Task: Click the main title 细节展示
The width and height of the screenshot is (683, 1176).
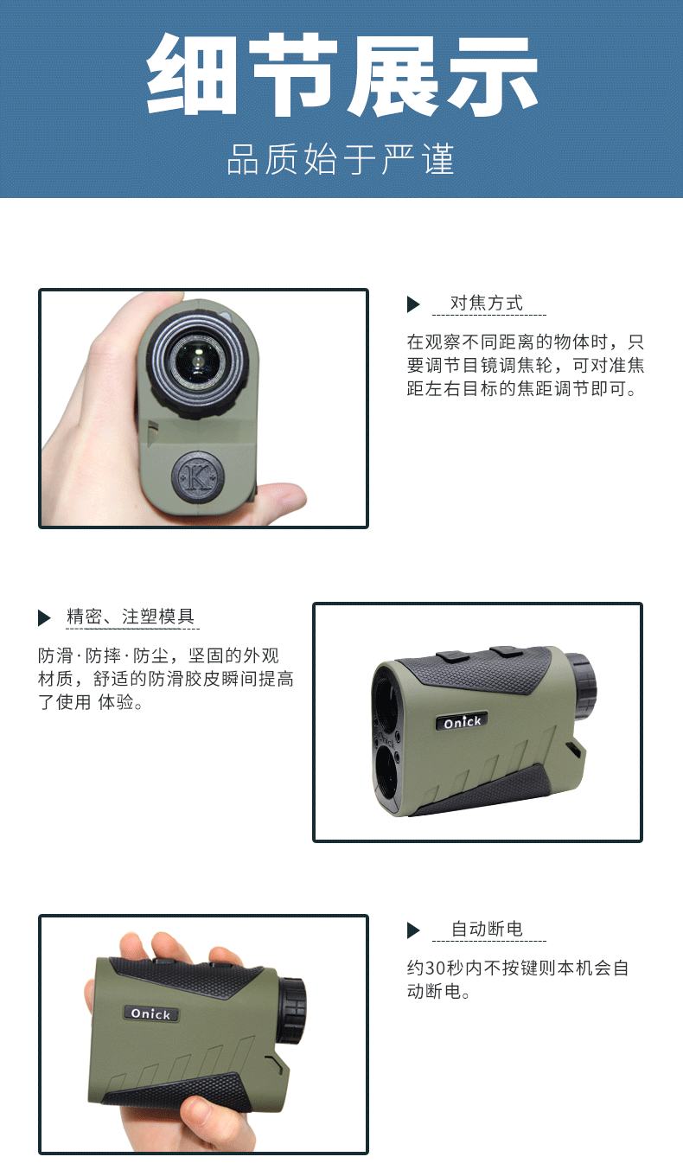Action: point(341,75)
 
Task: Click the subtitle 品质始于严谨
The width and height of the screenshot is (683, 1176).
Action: point(341,159)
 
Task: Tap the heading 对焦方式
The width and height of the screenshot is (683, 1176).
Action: point(487,303)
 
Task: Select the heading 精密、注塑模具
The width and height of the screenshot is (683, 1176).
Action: point(131,617)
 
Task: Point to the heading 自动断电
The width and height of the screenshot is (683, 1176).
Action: point(488,929)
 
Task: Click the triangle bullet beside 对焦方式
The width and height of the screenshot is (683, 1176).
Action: point(413,304)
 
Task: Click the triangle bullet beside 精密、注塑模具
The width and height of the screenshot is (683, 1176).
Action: point(44,618)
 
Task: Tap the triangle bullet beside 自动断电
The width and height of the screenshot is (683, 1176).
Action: point(413,930)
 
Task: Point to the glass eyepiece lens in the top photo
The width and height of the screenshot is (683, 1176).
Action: point(197,359)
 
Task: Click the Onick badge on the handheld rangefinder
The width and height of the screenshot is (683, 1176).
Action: point(150,1013)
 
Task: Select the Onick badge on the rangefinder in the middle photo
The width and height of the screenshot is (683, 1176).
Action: point(462,722)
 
